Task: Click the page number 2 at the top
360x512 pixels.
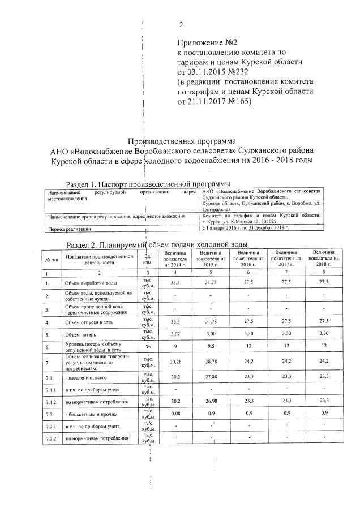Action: pos(181,24)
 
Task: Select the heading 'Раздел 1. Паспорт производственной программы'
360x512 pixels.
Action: pos(148,184)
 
